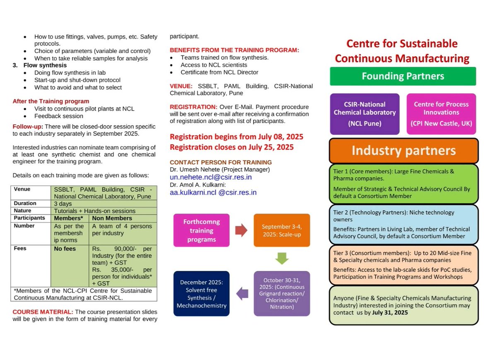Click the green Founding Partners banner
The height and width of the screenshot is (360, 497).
coord(403,76)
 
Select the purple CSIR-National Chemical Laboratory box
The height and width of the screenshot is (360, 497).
coord(364,114)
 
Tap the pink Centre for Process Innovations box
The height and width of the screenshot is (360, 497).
coord(441,114)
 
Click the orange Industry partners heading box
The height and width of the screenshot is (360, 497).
coord(403,151)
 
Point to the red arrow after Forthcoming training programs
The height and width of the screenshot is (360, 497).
coord(241,230)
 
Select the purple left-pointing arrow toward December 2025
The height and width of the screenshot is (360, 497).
coord(241,294)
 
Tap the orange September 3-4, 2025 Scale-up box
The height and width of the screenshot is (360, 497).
coord(282,230)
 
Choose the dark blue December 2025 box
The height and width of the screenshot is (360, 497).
coord(201,294)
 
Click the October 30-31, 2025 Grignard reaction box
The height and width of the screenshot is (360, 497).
coord(282,294)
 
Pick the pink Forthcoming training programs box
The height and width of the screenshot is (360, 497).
coord(201,230)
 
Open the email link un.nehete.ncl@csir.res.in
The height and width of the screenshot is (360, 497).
coord(211,177)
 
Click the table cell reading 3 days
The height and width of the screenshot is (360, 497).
coord(63,204)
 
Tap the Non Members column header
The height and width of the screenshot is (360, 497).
coord(112,218)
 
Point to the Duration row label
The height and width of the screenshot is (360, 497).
coord(25,204)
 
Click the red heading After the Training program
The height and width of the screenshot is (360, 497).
coord(51,101)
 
